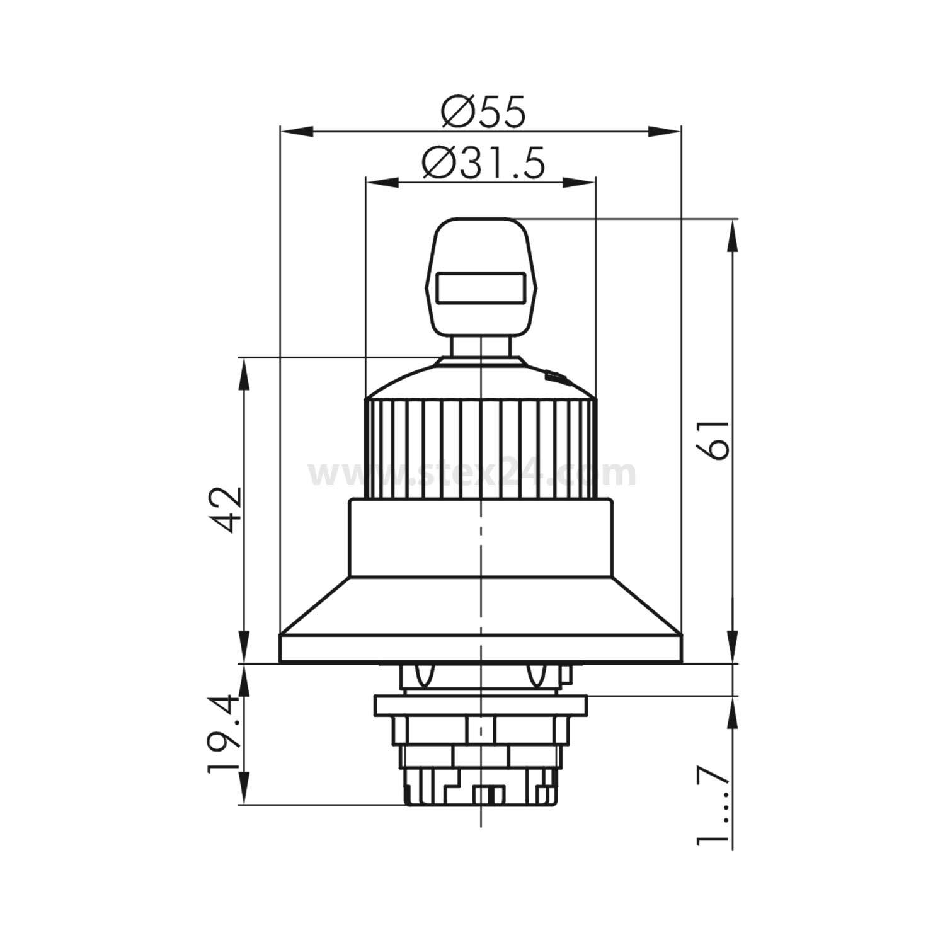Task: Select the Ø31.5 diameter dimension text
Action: pos(483,164)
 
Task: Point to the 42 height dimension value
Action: pos(226,509)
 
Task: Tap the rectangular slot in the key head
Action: pos(481,289)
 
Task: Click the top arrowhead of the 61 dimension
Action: pos(732,236)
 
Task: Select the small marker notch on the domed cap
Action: pos(556,377)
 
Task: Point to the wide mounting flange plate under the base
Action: pos(480,704)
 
